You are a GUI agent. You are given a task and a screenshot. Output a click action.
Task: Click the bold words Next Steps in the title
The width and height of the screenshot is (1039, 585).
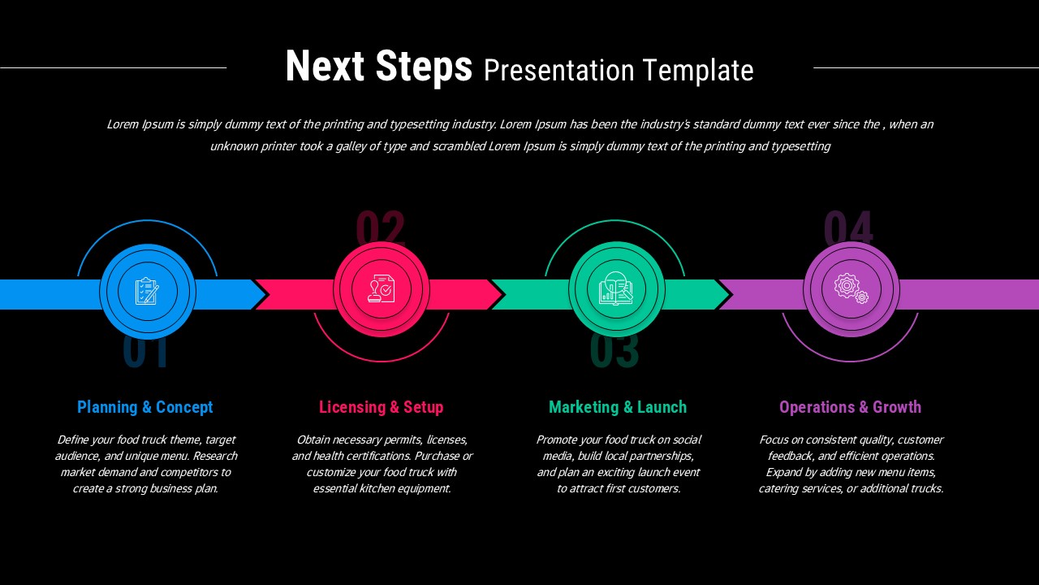[x=378, y=67]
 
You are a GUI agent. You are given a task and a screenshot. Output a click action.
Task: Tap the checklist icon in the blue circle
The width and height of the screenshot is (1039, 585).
[x=147, y=291]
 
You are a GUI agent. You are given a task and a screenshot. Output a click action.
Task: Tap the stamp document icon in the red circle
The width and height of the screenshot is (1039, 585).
[x=382, y=289]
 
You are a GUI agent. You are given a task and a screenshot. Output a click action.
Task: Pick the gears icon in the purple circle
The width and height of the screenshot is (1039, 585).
[x=851, y=288]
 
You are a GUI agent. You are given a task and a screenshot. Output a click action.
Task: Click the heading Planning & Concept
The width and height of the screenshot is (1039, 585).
[x=145, y=407]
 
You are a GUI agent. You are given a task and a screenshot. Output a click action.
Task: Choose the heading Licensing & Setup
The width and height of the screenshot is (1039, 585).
[x=381, y=407]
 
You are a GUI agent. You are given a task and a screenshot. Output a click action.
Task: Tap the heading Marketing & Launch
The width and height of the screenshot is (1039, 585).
[x=618, y=407]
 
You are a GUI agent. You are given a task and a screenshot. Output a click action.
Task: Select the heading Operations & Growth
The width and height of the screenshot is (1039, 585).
[x=850, y=407]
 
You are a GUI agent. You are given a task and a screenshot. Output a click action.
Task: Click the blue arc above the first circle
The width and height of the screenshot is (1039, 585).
[x=147, y=221]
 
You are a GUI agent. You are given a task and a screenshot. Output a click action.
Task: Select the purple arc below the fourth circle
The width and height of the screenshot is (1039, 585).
[x=850, y=361]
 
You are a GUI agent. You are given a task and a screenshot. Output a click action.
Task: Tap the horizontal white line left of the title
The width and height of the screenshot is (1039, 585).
[x=114, y=67]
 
